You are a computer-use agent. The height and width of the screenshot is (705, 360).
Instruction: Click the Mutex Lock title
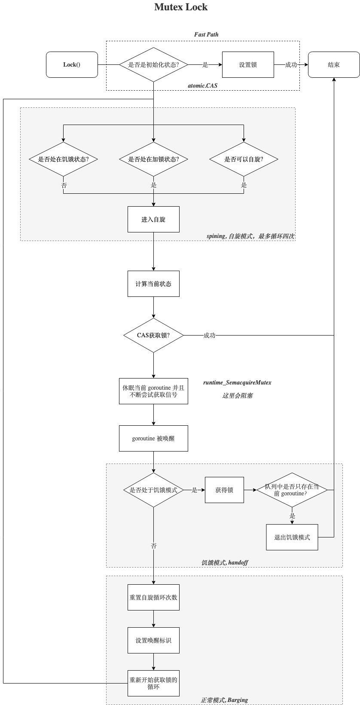[180, 7]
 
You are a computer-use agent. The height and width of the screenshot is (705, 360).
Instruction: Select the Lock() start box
[72, 65]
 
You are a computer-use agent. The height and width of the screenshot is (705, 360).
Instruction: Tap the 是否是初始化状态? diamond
[153, 65]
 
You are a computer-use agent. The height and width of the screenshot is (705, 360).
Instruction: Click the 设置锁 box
[248, 65]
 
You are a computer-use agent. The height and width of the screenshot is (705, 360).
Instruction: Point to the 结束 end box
[334, 65]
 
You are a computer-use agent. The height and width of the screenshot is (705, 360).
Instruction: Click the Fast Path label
[206, 34]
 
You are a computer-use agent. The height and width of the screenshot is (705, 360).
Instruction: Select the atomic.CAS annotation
[202, 85]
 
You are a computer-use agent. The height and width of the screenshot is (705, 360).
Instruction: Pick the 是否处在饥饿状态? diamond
[63, 159]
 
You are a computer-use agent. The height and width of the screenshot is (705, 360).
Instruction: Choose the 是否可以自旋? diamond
[244, 159]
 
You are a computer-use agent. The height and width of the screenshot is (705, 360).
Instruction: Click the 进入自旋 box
[153, 220]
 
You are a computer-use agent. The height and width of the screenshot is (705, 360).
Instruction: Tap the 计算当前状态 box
[153, 284]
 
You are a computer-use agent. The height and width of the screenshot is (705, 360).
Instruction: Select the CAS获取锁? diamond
[153, 336]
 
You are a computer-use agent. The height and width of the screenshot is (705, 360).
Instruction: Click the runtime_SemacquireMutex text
[237, 382]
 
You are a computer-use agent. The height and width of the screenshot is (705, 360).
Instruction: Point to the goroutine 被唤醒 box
[153, 439]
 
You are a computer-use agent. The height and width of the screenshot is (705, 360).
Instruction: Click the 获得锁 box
[224, 490]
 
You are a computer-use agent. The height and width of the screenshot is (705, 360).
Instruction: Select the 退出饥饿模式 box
[292, 537]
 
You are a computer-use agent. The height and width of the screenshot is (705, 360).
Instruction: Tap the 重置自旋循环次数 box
[153, 598]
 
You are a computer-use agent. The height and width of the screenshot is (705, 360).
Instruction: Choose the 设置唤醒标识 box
[153, 641]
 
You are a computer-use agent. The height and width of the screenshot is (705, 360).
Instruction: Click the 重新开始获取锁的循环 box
[153, 684]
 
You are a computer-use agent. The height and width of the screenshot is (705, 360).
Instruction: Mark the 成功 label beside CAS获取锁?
[209, 336]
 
